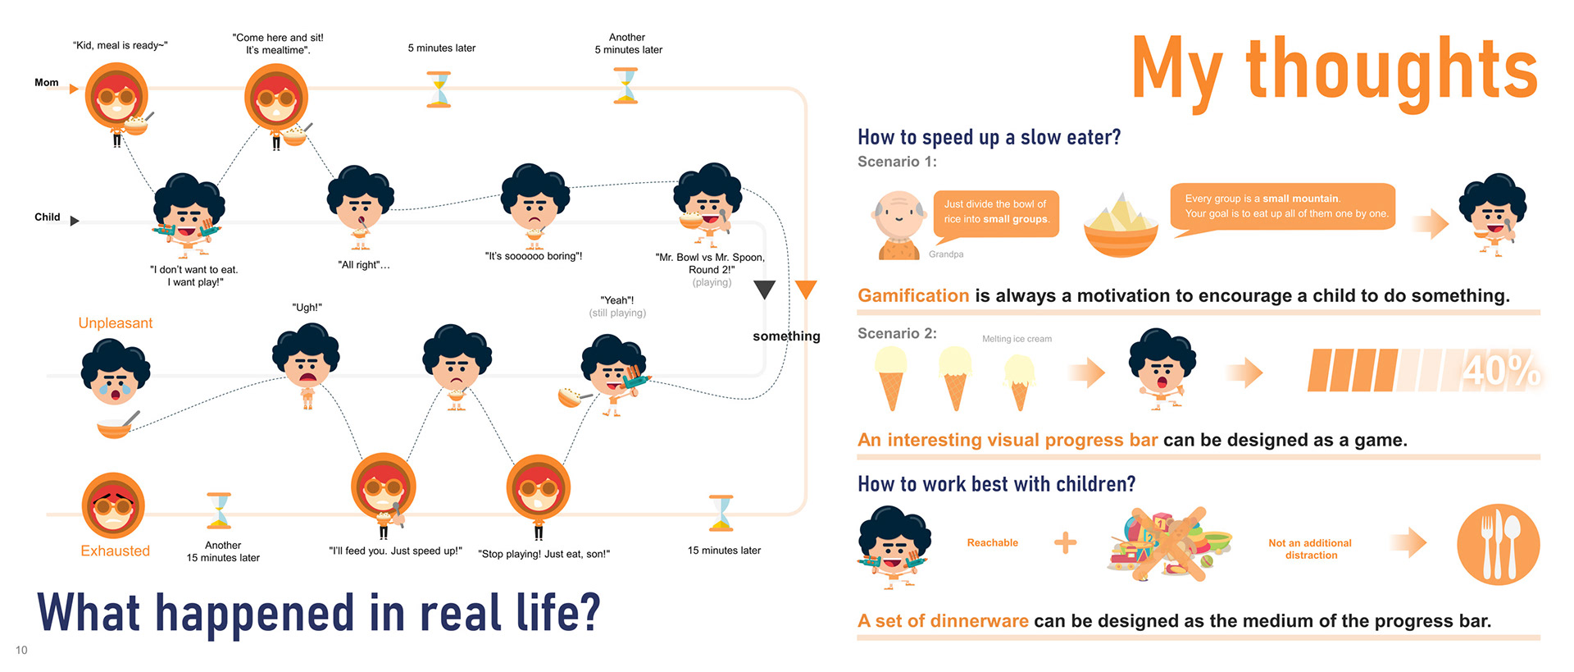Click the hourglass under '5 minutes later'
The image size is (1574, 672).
pyautogui.click(x=439, y=89)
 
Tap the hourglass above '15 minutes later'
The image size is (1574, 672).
pyautogui.click(x=721, y=513)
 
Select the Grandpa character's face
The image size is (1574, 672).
pyautogui.click(x=898, y=215)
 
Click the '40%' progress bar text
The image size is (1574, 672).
pyautogui.click(x=1501, y=370)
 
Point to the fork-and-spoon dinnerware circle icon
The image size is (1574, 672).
pyautogui.click(x=1498, y=544)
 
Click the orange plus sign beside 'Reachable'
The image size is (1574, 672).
pyautogui.click(x=1065, y=542)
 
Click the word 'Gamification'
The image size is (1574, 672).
pyautogui.click(x=913, y=295)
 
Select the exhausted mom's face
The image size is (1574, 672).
pyautogui.click(x=113, y=505)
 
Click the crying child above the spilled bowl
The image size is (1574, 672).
pyautogui.click(x=116, y=372)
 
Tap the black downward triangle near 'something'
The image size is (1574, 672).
pyautogui.click(x=765, y=290)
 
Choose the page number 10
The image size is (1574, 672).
pyautogui.click(x=21, y=650)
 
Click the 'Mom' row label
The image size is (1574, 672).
pyautogui.click(x=47, y=83)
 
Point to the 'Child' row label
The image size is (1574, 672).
pyautogui.click(x=48, y=217)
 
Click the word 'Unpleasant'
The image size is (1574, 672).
pyautogui.click(x=116, y=323)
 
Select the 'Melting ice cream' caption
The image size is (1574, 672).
pyautogui.click(x=1017, y=339)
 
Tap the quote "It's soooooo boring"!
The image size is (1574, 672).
pyautogui.click(x=534, y=256)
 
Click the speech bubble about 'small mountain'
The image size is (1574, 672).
pyautogui.click(x=1284, y=208)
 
